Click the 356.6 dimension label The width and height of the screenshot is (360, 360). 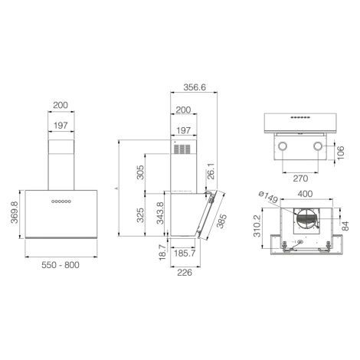pyautogui.click(x=195, y=87)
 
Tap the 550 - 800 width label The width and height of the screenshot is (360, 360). pyautogui.click(x=61, y=265)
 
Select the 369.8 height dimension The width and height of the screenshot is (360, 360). pyautogui.click(x=15, y=212)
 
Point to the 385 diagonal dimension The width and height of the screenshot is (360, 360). pyautogui.click(x=221, y=221)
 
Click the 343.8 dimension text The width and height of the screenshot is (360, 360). pyautogui.click(x=160, y=213)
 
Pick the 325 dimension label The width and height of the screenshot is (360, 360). pyautogui.click(x=140, y=215)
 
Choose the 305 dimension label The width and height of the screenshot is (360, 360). pyautogui.click(x=140, y=172)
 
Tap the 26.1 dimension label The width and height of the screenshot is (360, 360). pyautogui.click(x=211, y=172)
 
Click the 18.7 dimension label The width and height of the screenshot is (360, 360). pyautogui.click(x=162, y=252)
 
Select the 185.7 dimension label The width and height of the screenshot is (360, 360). pyautogui.click(x=185, y=254)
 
